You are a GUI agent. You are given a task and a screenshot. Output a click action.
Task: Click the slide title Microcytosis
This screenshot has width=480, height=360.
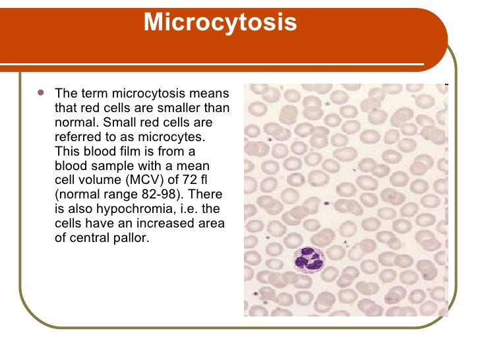[220, 23]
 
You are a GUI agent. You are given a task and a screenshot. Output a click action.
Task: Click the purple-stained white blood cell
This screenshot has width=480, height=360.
[307, 258]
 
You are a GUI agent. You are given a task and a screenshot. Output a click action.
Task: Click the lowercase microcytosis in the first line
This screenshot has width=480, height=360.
[148, 93]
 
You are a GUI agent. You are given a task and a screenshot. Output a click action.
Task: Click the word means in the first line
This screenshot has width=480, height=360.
[212, 93]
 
